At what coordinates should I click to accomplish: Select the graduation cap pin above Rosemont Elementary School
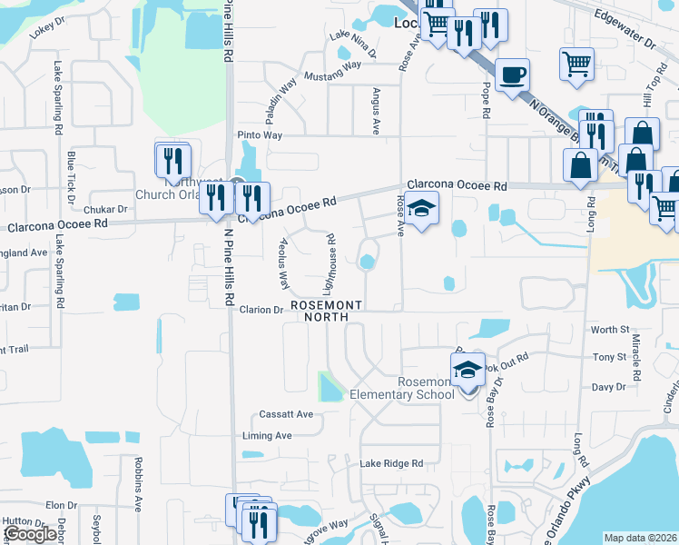467,371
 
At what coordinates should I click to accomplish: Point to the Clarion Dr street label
261,310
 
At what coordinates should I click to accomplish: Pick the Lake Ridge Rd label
391,463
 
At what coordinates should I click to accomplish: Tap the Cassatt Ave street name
286,414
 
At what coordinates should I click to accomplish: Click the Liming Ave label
267,436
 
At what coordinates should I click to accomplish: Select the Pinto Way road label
261,135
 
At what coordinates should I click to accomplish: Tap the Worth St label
609,330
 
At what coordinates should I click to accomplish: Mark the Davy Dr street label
609,387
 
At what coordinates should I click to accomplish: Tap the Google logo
30,534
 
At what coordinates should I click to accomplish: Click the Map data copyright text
641,538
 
